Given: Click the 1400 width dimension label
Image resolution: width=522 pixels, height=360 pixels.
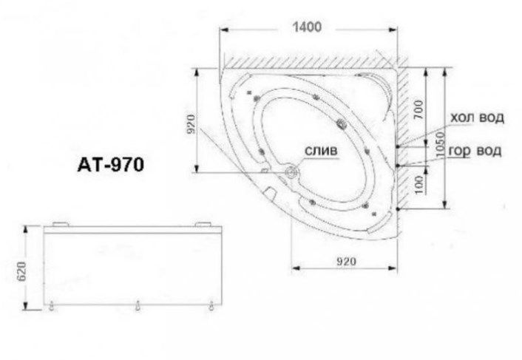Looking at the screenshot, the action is point(307,27).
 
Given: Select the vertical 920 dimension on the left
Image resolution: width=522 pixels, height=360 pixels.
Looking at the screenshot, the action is point(191,123).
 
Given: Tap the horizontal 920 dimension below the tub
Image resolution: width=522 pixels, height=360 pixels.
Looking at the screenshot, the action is point(346,262).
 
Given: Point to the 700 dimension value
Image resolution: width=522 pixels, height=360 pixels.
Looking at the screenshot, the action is point(419,109).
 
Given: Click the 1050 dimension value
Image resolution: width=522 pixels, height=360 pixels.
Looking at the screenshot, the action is point(440,145).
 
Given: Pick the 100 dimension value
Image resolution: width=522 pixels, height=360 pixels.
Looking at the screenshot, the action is point(419,184).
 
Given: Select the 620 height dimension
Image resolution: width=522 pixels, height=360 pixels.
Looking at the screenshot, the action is point(21,271).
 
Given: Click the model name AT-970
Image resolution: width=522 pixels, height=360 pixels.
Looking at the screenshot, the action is point(111,164).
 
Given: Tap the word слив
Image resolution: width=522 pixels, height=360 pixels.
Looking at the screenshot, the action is point(321,151).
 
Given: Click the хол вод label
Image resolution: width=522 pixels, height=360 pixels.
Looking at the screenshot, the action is point(477,118).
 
